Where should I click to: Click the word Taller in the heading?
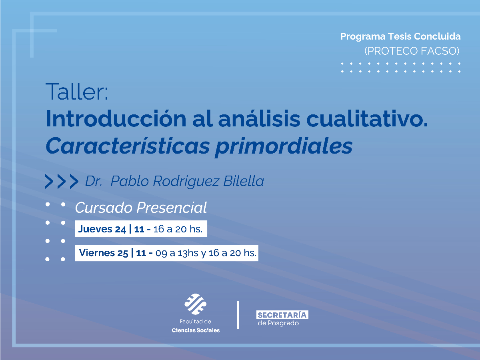coord(76,92)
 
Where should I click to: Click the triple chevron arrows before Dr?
coord(61,182)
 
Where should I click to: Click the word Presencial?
coord(172,208)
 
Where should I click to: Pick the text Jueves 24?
coord(102,229)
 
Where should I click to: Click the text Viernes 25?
coord(104,253)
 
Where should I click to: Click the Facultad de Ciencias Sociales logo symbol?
coord(195,304)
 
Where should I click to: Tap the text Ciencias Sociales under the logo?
coord(196,330)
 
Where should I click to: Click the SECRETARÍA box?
coord(282,315)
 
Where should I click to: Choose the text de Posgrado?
coord(278,323)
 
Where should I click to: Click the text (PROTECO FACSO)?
coord(412,51)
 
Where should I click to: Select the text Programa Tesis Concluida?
coord(400,36)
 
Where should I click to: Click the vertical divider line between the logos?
coord(238,315)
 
